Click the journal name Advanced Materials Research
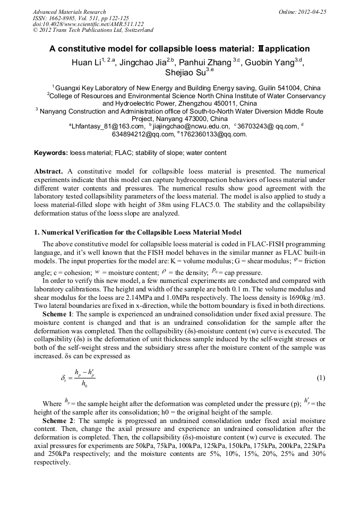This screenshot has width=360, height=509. [69, 11]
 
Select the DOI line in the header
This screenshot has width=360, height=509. [88, 24]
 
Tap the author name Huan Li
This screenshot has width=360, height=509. [87, 62]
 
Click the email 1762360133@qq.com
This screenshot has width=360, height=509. [213, 134]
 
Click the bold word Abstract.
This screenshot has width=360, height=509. [49, 172]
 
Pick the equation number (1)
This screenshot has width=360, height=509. [321, 378]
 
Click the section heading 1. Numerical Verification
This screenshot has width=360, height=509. [138, 232]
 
